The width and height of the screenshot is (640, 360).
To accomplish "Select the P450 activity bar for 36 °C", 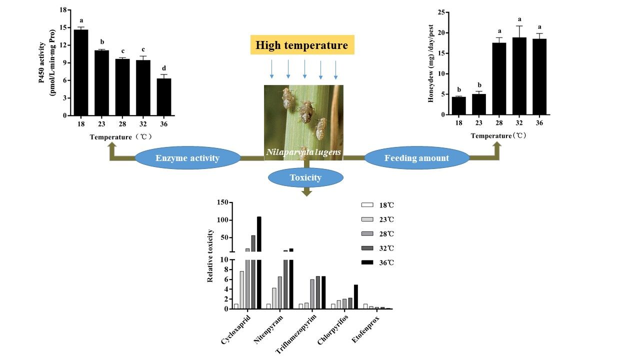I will (x=164, y=97).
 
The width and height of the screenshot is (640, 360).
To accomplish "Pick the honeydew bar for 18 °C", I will (x=458, y=105).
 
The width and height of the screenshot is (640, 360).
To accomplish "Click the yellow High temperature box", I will (x=302, y=45).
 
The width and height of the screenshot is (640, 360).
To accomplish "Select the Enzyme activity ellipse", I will (x=187, y=158).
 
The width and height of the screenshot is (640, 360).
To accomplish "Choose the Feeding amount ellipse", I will (x=416, y=158).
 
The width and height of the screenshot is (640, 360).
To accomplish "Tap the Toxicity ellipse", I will (x=305, y=177).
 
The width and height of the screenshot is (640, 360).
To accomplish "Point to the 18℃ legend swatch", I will (x=367, y=205).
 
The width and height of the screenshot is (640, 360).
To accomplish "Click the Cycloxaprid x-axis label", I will (x=236, y=330).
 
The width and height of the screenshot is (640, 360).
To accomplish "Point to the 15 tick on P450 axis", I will (x=63, y=27).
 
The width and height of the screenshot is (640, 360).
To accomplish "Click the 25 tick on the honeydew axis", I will (x=441, y=12).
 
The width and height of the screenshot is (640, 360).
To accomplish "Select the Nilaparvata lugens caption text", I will (x=303, y=151).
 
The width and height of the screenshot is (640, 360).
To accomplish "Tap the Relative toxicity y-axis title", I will (x=210, y=255).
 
